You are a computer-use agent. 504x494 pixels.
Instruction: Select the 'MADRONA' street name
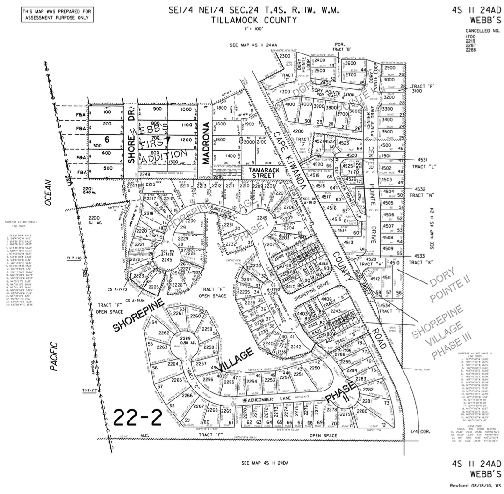[x=206, y=143]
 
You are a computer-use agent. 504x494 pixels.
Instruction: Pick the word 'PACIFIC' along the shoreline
[x=55, y=356]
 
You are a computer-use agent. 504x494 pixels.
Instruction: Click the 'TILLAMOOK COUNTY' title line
[x=253, y=20]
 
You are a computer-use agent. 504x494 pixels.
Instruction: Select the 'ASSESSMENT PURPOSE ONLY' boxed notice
[x=56, y=15]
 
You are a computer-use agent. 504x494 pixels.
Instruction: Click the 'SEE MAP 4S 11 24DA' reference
[x=265, y=463]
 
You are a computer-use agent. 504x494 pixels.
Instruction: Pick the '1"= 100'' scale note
[x=253, y=29]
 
